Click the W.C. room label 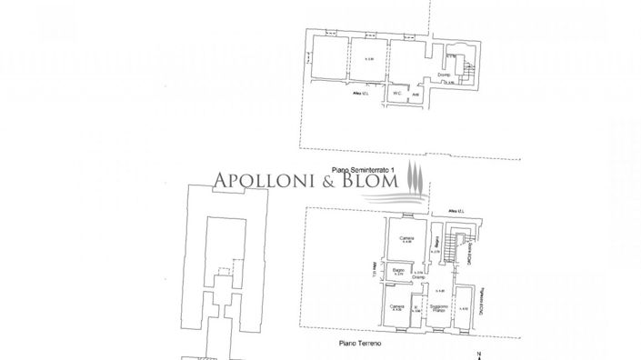click(x=397, y=93)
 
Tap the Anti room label click(x=415, y=93)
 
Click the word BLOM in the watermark click(x=370, y=182)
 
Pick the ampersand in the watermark click(x=322, y=182)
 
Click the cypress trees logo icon click(x=414, y=179)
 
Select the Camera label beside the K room click(x=396, y=307)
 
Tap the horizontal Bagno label click(x=397, y=269)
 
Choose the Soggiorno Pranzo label click(x=438, y=310)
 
